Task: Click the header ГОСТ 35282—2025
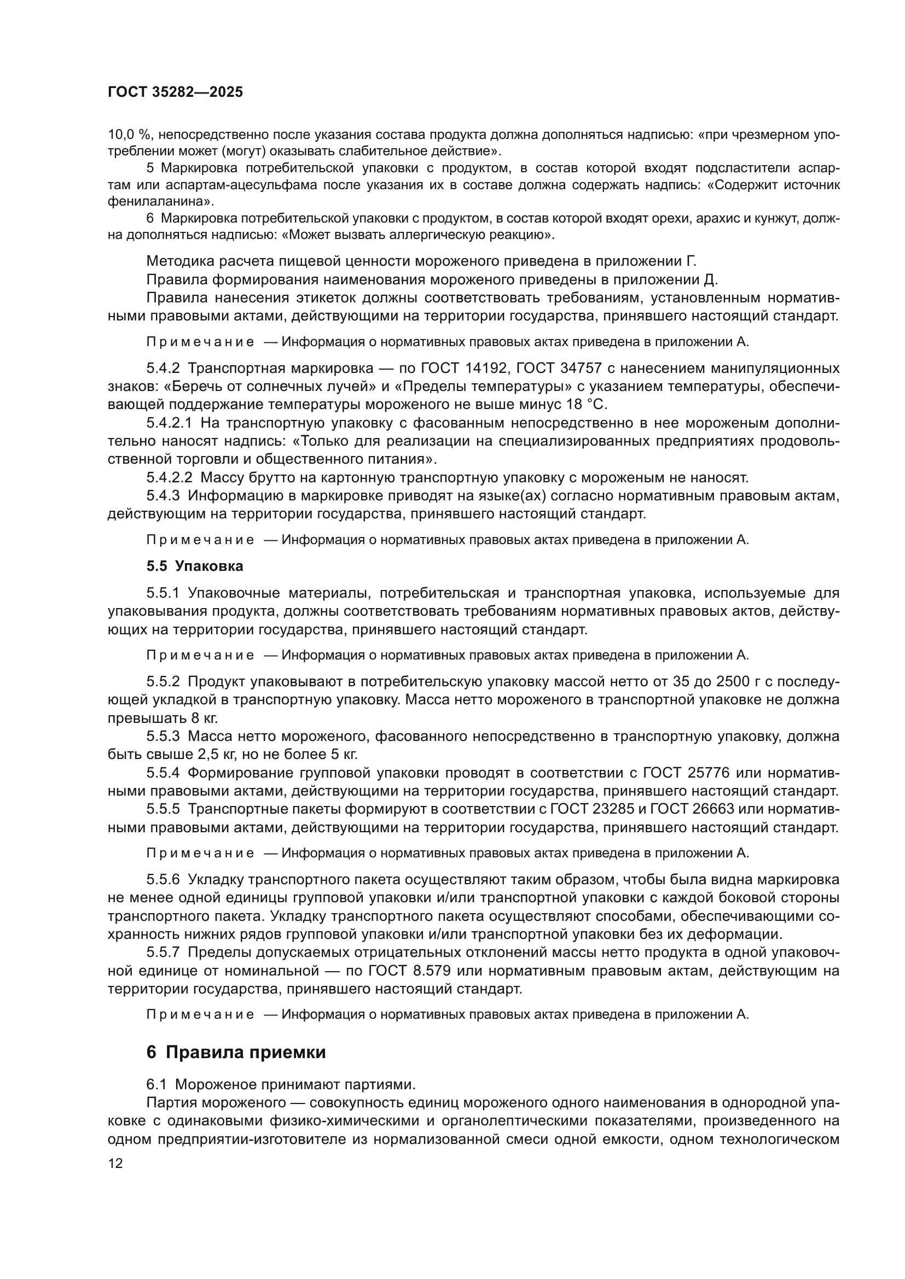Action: [175, 92]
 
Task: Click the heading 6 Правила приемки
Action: [236, 1052]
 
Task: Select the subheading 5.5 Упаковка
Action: [195, 567]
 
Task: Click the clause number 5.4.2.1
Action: [170, 423]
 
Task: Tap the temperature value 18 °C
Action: [585, 405]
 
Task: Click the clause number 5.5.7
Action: [163, 953]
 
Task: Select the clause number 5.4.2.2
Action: [170, 477]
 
